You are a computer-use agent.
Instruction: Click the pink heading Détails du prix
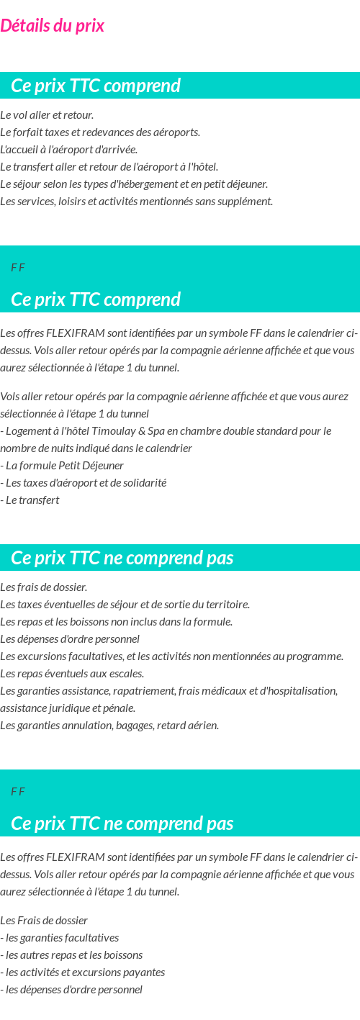[52, 26]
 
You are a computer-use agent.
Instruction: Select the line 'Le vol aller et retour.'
[47, 115]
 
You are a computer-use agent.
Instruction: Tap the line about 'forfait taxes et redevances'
[100, 132]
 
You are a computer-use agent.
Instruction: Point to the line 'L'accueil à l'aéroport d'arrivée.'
[68, 150]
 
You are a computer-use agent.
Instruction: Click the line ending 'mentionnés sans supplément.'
[136, 202]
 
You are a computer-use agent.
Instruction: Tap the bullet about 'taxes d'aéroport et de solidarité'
[84, 483]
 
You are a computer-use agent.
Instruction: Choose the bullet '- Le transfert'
[30, 500]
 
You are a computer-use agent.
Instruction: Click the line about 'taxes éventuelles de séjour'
[125, 605]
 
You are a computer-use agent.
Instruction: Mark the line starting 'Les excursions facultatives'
[171, 656]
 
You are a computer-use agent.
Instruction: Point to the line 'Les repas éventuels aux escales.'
[72, 674]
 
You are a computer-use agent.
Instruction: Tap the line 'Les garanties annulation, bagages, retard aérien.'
[109, 726]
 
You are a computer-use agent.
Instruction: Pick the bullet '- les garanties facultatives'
[59, 938]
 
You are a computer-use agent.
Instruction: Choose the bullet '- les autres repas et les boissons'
[71, 955]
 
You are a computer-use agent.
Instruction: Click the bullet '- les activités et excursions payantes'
[82, 972]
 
